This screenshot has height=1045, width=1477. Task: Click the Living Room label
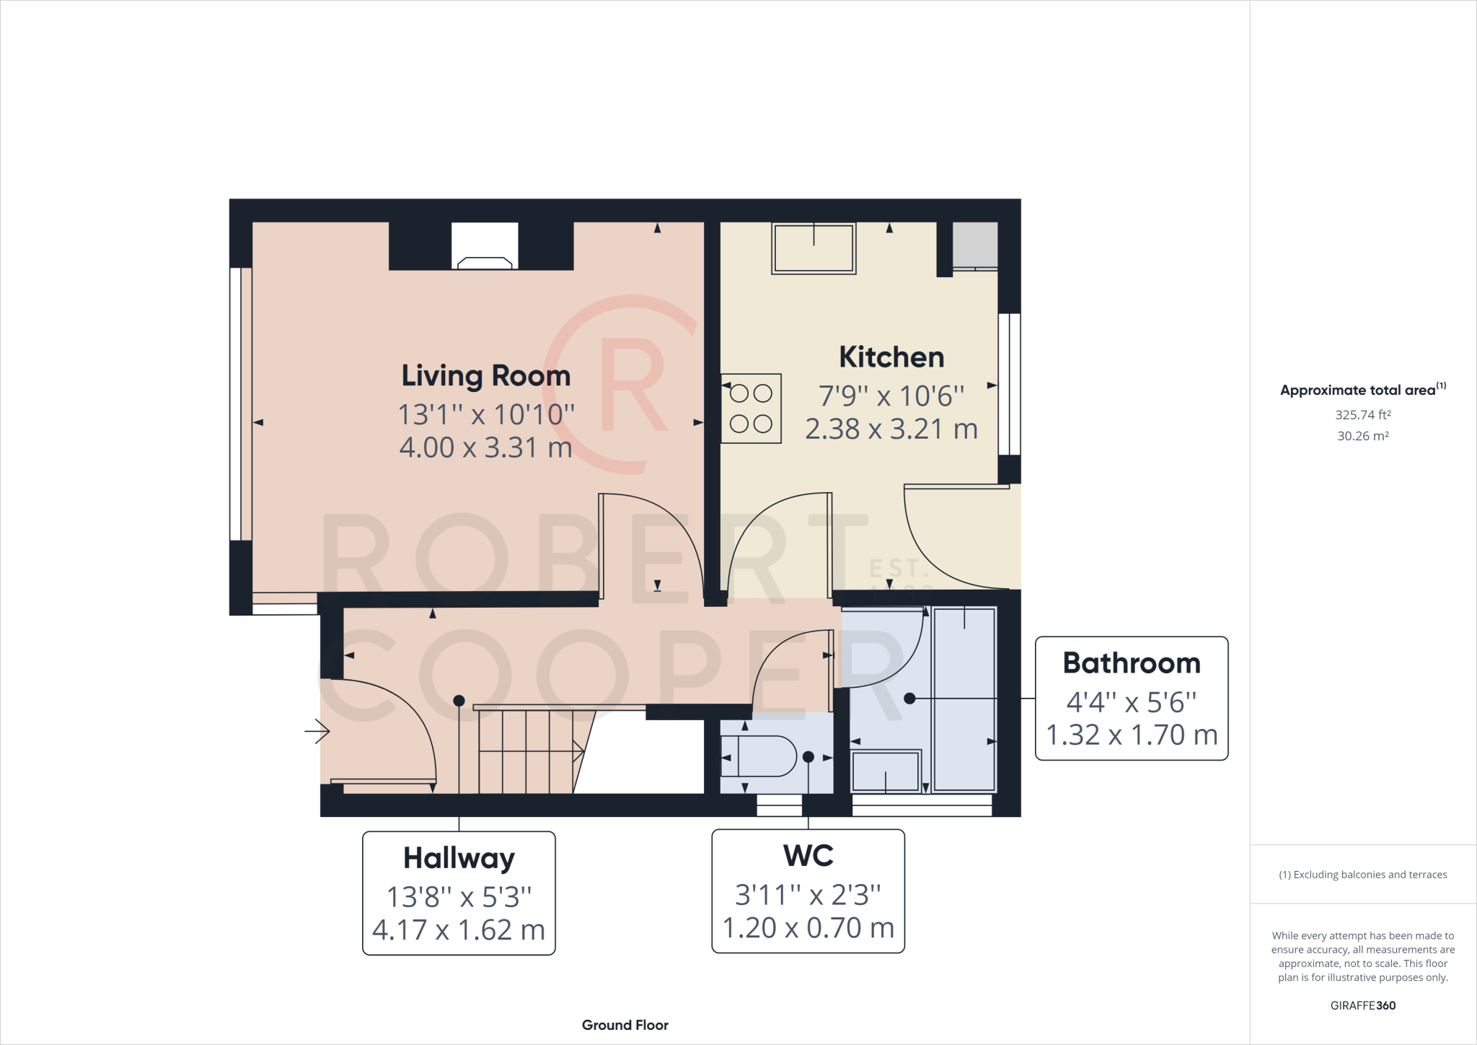coord(485,376)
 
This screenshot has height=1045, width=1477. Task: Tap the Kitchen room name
coord(891,357)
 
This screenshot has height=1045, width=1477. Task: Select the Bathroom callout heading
coord(1131,663)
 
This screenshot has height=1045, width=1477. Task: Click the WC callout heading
coord(808,856)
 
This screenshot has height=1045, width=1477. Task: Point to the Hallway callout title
coord(459,858)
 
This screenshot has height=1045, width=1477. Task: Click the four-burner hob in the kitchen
coord(751,408)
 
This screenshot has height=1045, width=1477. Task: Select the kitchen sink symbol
coord(814,248)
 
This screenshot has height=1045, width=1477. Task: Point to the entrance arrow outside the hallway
coord(317,732)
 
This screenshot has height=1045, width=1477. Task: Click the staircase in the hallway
coord(530,751)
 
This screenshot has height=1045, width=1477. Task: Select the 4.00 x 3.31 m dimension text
coord(485,448)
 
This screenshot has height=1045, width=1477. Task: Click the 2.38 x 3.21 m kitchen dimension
coord(891,429)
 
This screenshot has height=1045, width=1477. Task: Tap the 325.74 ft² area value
coord(1362,415)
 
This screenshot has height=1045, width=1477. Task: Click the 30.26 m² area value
coord(1362,436)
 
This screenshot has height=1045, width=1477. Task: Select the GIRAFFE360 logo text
coord(1362,1005)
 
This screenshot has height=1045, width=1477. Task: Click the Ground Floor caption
coord(625,1025)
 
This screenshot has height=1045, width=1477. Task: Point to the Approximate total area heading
coord(1358,390)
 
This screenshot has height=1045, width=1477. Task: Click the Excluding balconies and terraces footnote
coord(1362,875)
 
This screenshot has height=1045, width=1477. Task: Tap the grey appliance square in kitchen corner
coord(975,245)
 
